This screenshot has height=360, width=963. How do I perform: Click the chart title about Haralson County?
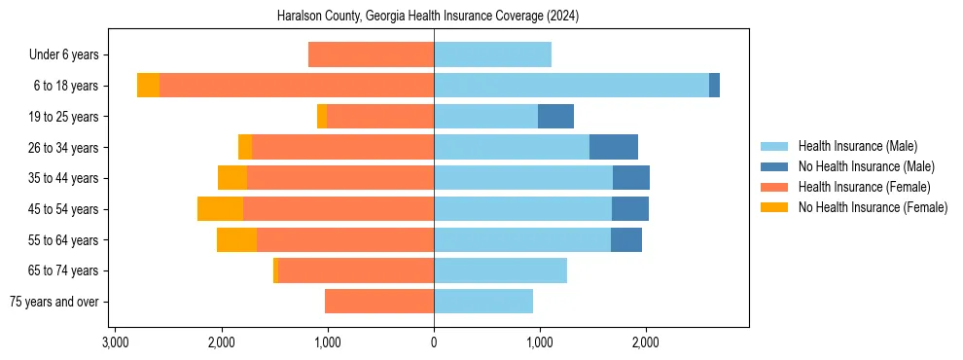(434, 17)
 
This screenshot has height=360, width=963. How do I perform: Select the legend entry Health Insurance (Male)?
(857, 146)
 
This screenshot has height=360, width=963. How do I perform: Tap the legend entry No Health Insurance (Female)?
(872, 207)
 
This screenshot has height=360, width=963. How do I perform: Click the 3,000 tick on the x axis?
(115, 342)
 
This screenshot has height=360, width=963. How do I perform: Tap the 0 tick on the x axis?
(434, 342)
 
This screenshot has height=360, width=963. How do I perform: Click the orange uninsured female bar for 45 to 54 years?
(220, 209)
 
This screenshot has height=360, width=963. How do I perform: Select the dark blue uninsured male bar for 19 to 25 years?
(555, 117)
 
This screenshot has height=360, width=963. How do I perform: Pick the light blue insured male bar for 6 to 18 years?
(571, 86)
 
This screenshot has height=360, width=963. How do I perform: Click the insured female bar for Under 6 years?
(371, 55)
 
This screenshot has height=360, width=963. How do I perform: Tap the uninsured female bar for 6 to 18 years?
(148, 86)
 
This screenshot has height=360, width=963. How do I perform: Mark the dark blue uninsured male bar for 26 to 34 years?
(614, 147)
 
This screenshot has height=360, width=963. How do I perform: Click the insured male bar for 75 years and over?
(483, 302)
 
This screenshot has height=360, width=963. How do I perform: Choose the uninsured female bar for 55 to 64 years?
(236, 239)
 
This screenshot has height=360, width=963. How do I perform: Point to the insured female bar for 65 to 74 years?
(356, 270)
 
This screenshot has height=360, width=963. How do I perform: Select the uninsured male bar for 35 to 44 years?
(631, 178)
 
